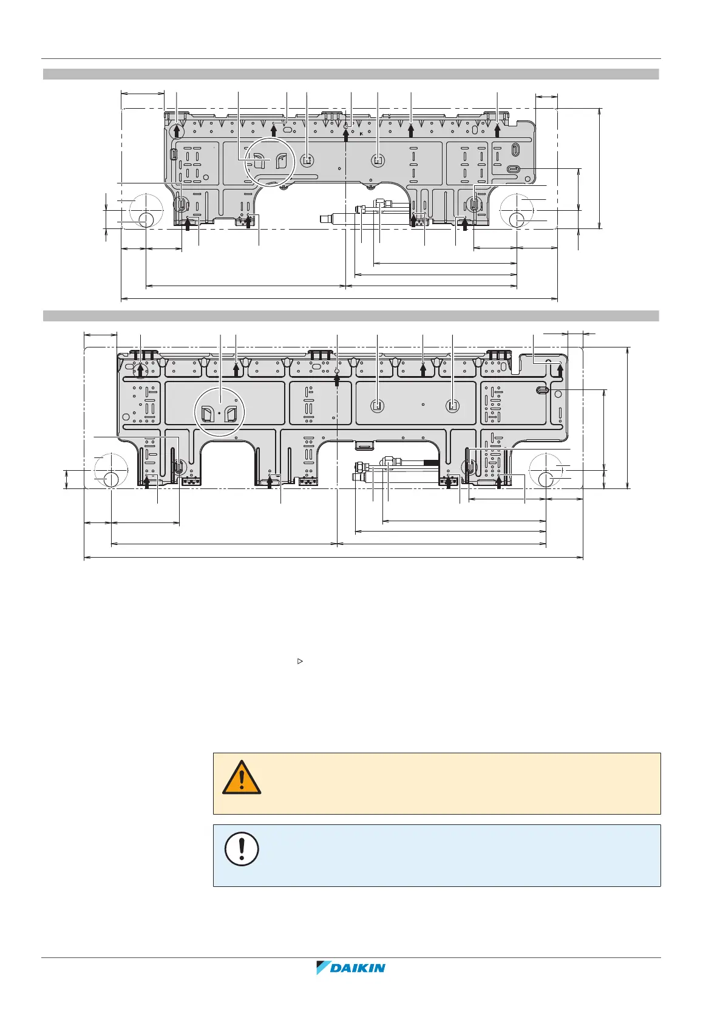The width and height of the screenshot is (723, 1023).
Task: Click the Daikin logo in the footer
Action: (x=351, y=967)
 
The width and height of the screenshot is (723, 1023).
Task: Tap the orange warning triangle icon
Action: (x=242, y=778)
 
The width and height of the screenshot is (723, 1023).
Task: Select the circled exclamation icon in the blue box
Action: (x=242, y=849)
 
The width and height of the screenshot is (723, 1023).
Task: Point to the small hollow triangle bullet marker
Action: (x=299, y=660)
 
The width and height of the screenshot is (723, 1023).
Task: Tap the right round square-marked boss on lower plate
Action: (x=452, y=405)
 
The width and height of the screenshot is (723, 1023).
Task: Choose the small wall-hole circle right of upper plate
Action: (x=517, y=219)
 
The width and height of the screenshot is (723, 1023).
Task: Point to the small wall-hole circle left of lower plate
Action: (x=111, y=479)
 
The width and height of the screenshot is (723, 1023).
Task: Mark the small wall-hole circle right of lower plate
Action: (x=546, y=479)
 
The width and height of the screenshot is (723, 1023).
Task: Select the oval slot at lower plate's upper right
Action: (x=542, y=389)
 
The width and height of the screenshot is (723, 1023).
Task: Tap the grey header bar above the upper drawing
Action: (x=351, y=74)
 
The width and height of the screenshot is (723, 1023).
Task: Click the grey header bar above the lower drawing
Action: (x=351, y=316)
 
